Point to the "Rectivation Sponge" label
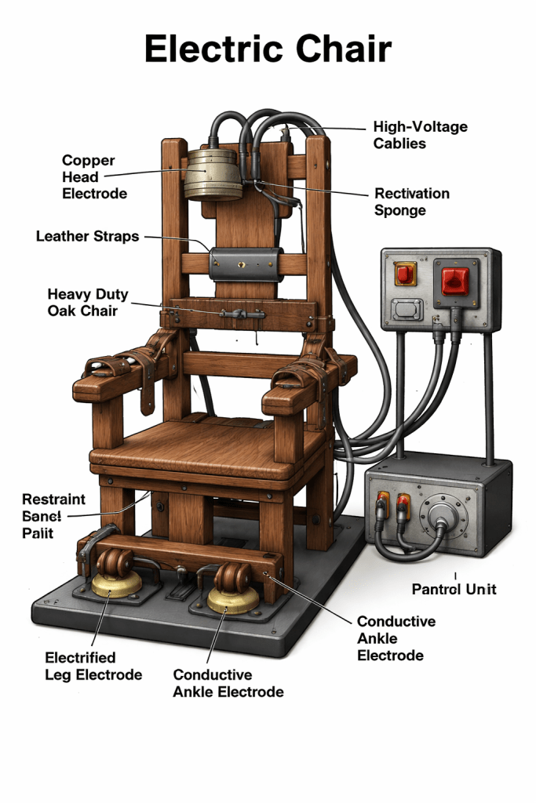coord(411,202)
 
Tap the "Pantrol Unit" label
coord(454,589)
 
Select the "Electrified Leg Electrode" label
coord(93,667)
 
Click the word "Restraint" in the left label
coord(54,500)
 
